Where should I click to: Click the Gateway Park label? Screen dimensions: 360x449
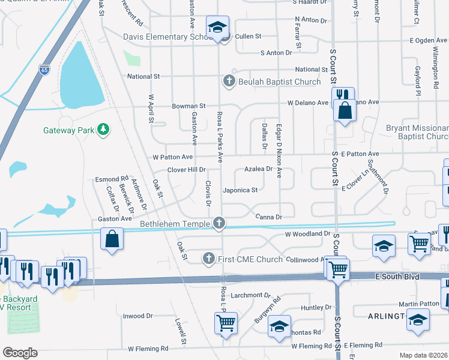tap(67, 130)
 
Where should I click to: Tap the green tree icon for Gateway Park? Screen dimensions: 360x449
tap(103, 129)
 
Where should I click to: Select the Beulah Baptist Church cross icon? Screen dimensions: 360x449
tap(228, 81)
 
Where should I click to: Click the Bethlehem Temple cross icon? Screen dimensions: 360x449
tap(220, 224)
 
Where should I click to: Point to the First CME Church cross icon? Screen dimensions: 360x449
tap(209, 259)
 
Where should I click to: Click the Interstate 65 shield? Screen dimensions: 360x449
tap(43, 52)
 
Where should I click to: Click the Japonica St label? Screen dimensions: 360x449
tap(240, 190)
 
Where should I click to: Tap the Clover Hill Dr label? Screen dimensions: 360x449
tap(187, 170)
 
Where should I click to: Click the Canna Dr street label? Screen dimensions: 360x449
tap(268, 216)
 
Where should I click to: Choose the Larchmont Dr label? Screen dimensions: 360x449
tap(252, 295)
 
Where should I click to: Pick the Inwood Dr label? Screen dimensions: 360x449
tap(138, 316)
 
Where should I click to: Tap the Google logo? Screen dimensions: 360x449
tap(20, 352)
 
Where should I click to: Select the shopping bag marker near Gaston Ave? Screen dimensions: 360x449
tap(112, 239)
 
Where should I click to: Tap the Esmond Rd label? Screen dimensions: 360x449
tap(112, 179)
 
